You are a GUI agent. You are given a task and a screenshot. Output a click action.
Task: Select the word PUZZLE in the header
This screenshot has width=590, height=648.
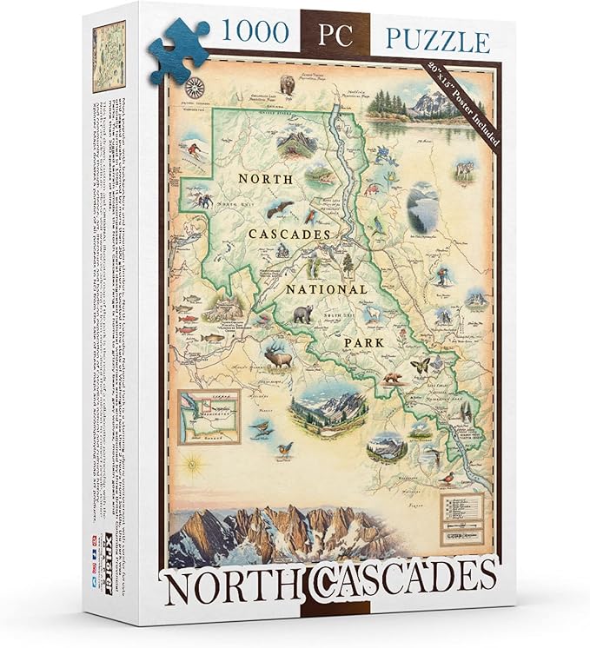pos(434,39)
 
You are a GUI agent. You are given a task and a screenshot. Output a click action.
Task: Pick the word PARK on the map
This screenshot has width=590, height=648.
pos(364,344)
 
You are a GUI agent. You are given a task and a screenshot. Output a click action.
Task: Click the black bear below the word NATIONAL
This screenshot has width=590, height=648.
pos(302,314)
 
